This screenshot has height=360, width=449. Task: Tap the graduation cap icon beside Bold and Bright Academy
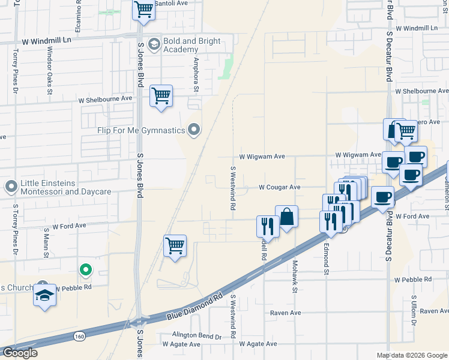(x=155, y=44)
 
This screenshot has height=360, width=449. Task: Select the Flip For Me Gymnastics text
(x=141, y=130)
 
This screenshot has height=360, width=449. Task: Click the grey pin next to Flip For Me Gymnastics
(x=194, y=130)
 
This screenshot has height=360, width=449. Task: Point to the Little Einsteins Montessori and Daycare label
(x=66, y=187)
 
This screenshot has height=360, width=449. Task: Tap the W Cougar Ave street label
(x=279, y=187)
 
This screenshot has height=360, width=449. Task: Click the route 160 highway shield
(x=80, y=336)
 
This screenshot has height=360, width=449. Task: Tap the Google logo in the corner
(x=20, y=353)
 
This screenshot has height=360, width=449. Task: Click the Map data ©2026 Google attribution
(x=412, y=355)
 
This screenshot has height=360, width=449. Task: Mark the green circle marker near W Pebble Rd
(x=86, y=270)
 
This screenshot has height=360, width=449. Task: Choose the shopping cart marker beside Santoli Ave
(x=143, y=9)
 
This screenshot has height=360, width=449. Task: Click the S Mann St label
(x=46, y=241)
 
